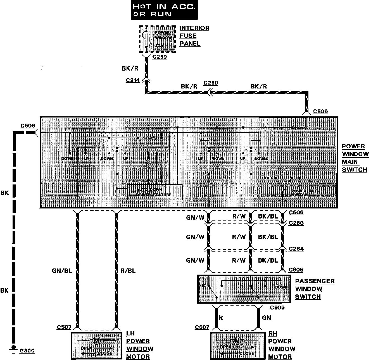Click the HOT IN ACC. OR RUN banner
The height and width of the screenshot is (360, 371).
coord(163,10)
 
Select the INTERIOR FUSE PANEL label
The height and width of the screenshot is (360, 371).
coord(194,36)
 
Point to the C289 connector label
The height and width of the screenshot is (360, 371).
coord(160,57)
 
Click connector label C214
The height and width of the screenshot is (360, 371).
coord(133,80)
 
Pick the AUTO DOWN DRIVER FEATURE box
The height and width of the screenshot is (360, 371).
coord(155,192)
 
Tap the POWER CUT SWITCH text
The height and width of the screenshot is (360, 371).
coord(304,193)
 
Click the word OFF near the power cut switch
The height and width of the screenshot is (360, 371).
coord(269,178)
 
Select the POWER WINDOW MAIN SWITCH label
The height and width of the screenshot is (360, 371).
coord(355,158)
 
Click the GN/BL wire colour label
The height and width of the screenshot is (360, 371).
coord(62,270)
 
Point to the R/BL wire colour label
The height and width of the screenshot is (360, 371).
coord(128,270)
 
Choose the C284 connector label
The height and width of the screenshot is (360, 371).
coord(296,249)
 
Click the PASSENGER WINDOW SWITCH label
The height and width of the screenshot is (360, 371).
coord(315,289)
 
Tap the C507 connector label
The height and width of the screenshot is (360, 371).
coord(64,327)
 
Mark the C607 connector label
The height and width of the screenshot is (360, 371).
coord(202,327)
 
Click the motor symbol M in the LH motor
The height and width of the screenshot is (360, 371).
coord(96,340)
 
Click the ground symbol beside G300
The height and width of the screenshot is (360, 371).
coord(13,348)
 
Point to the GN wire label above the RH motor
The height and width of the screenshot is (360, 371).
coord(267,317)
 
